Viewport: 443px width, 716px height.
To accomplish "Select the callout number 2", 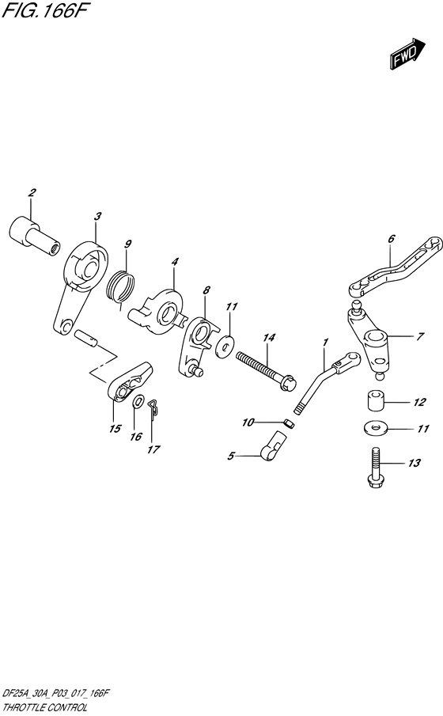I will pyautogui.click(x=32, y=193).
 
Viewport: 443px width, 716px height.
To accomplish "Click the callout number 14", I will pyautogui.click(x=269, y=339).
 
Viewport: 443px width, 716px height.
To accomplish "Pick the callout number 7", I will pyautogui.click(x=419, y=336).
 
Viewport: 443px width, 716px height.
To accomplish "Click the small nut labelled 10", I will pyautogui.click(x=289, y=424).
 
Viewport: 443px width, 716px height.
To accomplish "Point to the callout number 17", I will pyautogui.click(x=153, y=450).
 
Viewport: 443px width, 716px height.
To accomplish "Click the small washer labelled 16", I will pyautogui.click(x=139, y=403).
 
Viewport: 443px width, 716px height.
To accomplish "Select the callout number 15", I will pyautogui.click(x=115, y=430).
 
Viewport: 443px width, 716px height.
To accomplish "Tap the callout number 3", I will pyautogui.click(x=97, y=216).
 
